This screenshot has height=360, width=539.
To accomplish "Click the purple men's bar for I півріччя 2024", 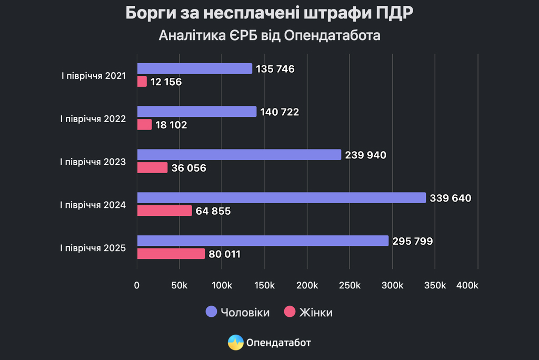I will point(282,198).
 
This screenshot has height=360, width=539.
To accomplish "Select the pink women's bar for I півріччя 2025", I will point(171,254).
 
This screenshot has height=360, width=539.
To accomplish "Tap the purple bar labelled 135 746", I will point(195,68).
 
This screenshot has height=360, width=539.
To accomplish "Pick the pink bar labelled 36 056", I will point(153,167).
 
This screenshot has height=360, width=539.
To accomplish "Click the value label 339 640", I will point(451,198).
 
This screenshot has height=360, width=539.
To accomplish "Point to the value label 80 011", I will point(225,254).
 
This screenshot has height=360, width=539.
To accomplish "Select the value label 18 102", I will point(172,125).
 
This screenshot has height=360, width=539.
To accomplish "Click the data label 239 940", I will point(366,155).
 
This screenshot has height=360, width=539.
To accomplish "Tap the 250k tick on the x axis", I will point(350,285).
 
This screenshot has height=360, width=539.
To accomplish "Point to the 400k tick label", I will point(467,285).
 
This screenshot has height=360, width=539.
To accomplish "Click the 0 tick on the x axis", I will point(137,285).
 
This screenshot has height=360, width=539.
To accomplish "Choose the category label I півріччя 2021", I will point(93,75).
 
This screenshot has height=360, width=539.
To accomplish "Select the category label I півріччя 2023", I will point(93,162).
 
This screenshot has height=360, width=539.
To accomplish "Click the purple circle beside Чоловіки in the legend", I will point(211,312).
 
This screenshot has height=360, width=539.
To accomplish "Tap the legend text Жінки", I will point(316,313).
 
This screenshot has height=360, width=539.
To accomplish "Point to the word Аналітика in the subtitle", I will point(187,36).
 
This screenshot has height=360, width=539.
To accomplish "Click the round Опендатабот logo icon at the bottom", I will point(235,343).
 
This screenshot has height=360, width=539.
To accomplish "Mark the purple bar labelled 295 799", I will point(263,241).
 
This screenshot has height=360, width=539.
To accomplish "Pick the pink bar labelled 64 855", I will point(165,211).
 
